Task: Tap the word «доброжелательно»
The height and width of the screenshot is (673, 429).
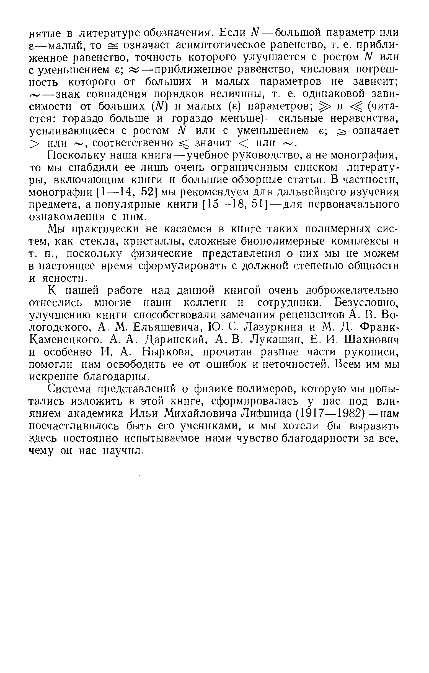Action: pyautogui.click(x=352, y=291)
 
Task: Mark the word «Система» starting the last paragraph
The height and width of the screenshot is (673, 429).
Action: pyautogui.click(x=68, y=389)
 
